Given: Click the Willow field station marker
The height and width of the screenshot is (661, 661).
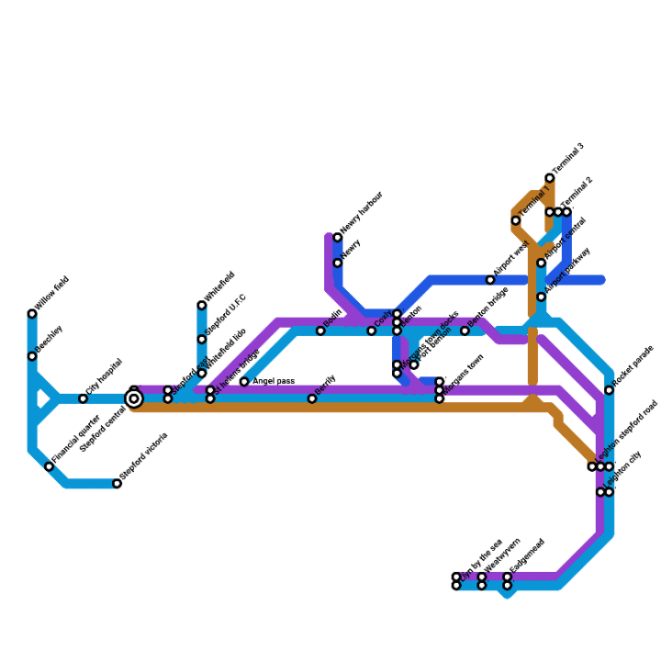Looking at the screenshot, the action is pyautogui.click(x=32, y=314).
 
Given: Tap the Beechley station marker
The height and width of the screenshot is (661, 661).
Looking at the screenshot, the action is pyautogui.click(x=32, y=356).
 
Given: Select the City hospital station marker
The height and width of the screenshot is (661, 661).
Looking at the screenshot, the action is pyautogui.click(x=83, y=398).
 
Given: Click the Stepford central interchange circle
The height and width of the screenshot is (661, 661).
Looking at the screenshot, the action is pyautogui.click(x=134, y=398).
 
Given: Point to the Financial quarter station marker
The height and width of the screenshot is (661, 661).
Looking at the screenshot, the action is pyautogui.click(x=50, y=466).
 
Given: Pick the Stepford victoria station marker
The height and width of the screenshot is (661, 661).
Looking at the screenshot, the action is pyautogui.click(x=117, y=484).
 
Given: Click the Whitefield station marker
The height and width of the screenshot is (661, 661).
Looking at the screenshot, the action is pyautogui.click(x=202, y=306).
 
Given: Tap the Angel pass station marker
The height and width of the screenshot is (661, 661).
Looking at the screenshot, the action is pyautogui.click(x=244, y=382).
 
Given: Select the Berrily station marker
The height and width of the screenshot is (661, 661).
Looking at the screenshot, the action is pyautogui.click(x=312, y=398).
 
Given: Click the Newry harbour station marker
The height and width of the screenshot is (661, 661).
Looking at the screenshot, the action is pyautogui.click(x=338, y=238).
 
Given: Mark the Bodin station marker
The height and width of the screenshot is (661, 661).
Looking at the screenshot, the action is pyautogui.click(x=320, y=330).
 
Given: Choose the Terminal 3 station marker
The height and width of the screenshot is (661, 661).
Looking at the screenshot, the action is pyautogui.click(x=550, y=178).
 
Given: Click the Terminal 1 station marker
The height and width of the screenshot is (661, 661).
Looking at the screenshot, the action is pyautogui.click(x=516, y=220).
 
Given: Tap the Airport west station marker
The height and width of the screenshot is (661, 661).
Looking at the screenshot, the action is pyautogui.click(x=490, y=280).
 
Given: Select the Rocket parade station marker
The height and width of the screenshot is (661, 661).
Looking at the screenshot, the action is pyautogui.click(x=609, y=390).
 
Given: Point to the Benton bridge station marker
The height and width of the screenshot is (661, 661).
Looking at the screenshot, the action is pyautogui.click(x=465, y=330).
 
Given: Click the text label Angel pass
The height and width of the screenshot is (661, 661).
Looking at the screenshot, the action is pyautogui.click(x=274, y=381).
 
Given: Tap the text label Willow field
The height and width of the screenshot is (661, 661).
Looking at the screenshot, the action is pyautogui.click(x=53, y=294).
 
